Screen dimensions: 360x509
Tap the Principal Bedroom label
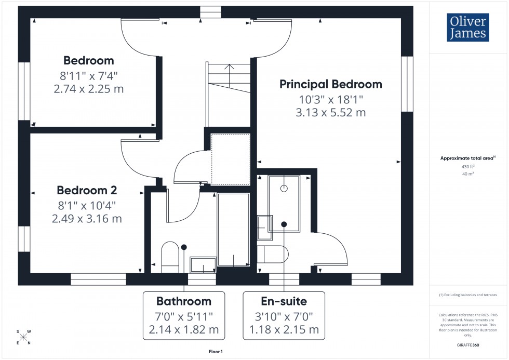(331, 84)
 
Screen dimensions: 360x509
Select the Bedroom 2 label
(87, 190)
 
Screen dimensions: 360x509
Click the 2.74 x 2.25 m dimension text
(89, 89)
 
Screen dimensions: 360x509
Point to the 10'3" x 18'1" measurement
(331, 99)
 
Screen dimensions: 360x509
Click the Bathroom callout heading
(184, 301)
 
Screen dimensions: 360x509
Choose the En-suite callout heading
(284, 301)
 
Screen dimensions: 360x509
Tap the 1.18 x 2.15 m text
(284, 329)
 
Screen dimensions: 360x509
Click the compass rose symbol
(23, 337)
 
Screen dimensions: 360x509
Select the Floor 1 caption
(215, 352)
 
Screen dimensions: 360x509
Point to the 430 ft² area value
(468, 167)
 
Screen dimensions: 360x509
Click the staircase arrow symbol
(231, 68)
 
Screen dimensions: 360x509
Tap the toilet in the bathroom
(170, 257)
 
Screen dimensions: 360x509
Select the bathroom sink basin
(203, 264)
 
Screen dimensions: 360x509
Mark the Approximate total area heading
(468, 158)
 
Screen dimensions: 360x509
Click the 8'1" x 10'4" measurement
(87, 205)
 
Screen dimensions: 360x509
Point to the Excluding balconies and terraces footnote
(467, 295)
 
